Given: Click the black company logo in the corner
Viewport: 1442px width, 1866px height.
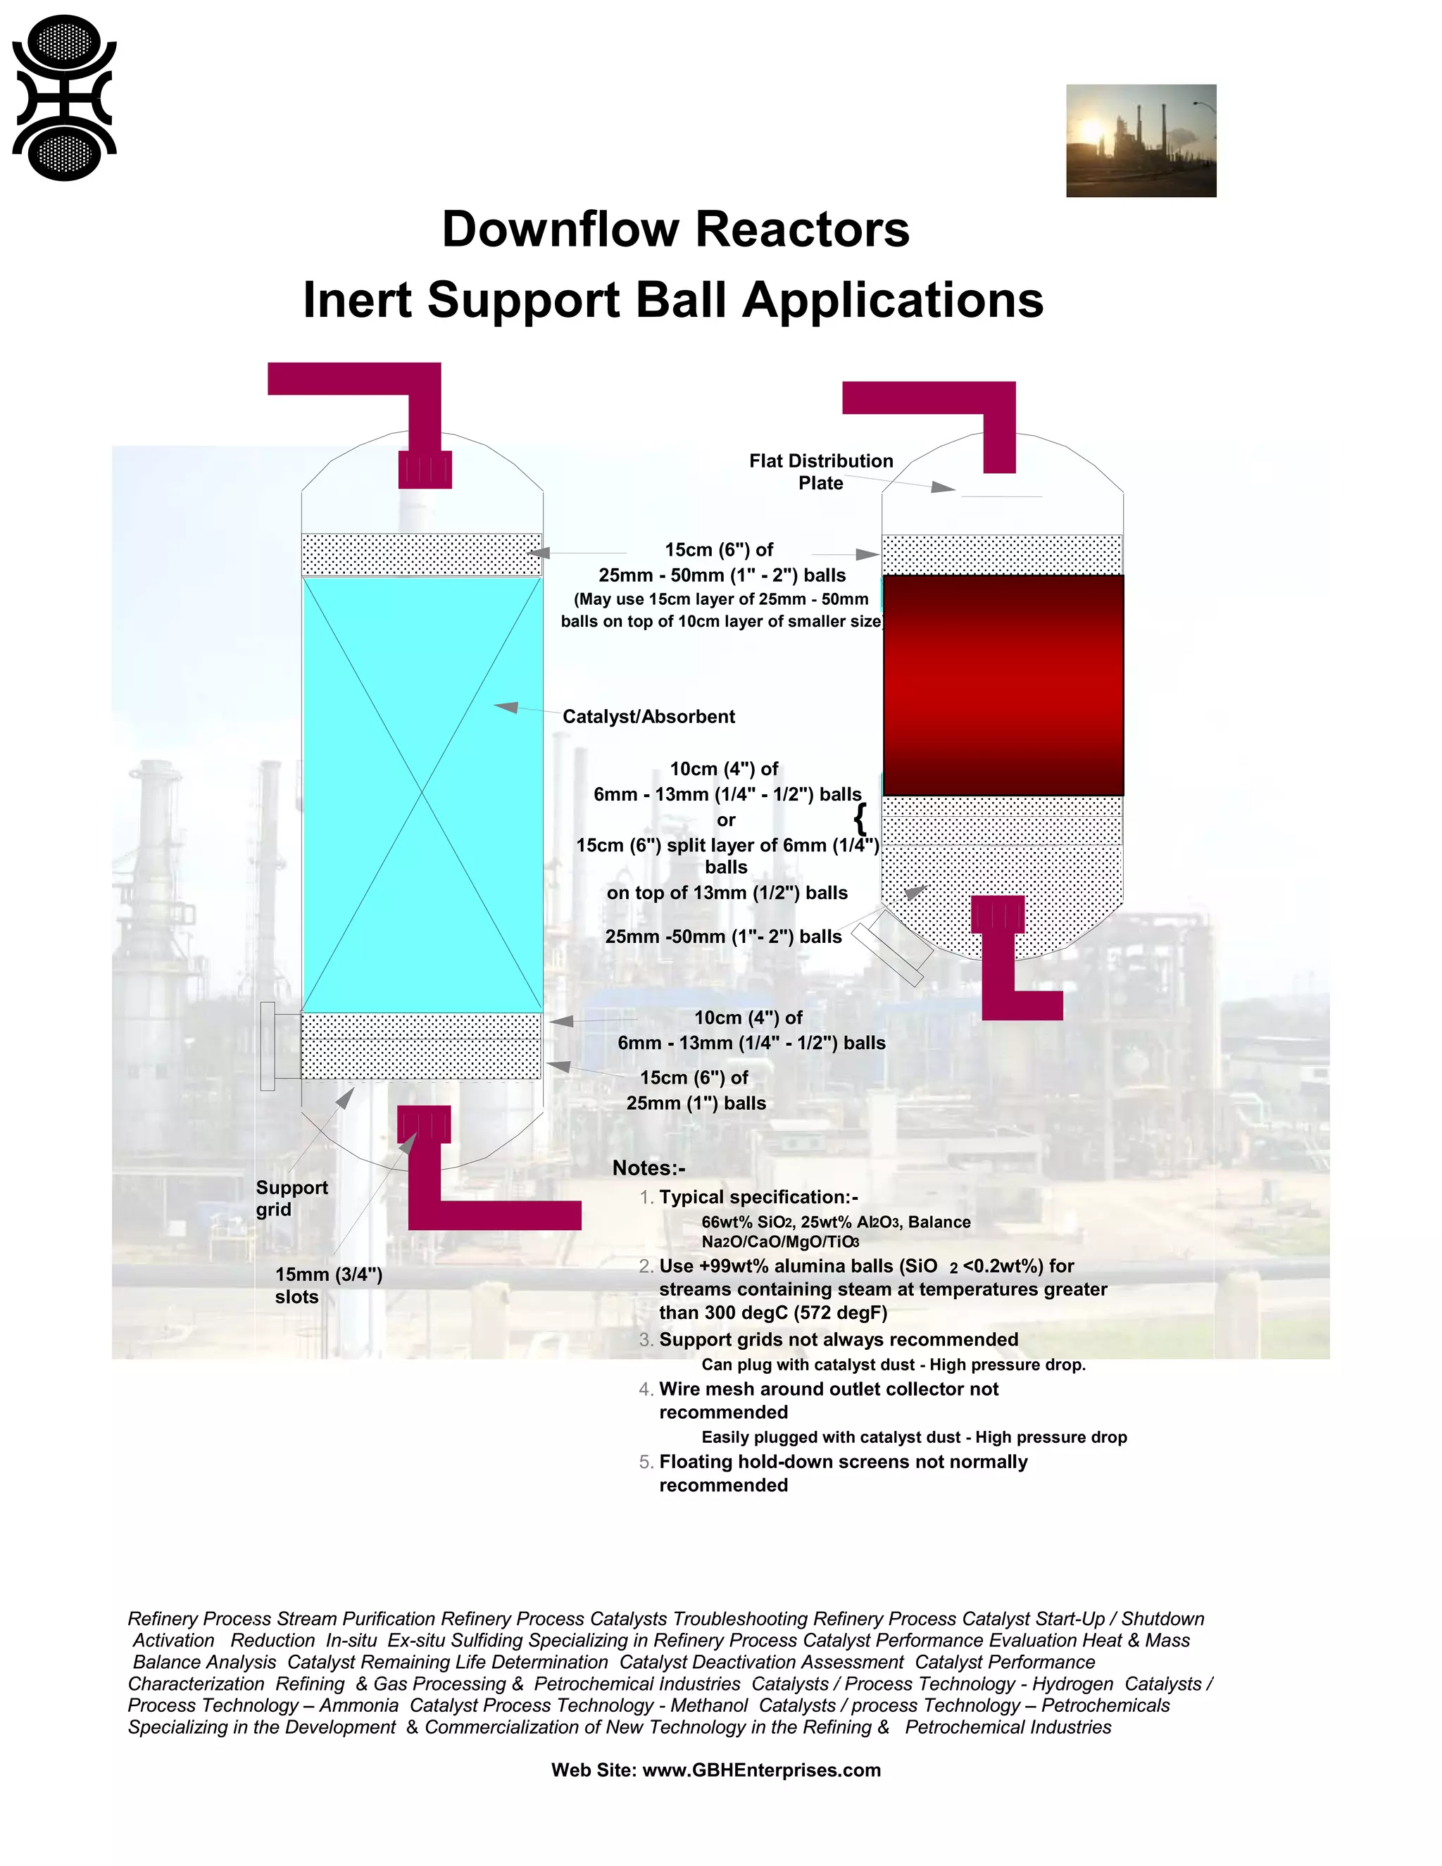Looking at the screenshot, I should [64, 99].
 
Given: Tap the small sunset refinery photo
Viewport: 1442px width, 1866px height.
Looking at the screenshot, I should [1141, 141].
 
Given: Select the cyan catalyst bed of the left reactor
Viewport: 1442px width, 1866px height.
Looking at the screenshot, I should [422, 794].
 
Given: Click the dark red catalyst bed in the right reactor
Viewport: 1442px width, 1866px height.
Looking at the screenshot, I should [1003, 685].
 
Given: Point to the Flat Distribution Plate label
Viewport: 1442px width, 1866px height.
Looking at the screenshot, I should [820, 472].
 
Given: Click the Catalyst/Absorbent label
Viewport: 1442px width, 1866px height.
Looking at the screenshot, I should [648, 717].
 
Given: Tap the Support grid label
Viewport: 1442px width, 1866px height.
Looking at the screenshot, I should [291, 1198].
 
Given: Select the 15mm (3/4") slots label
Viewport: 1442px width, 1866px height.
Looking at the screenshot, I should [328, 1285].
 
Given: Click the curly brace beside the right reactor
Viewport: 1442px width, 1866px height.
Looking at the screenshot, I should [860, 818].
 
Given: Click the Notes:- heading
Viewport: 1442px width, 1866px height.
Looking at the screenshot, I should [648, 1168].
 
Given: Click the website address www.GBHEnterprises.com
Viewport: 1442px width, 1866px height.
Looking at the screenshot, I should [761, 1770].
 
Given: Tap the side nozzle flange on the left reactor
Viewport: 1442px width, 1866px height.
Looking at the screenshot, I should [268, 1046].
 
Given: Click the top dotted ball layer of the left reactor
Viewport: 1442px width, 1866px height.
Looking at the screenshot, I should [422, 554].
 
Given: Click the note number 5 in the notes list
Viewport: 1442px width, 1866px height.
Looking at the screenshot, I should [645, 1462].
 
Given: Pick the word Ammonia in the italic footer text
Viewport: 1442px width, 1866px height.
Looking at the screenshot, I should [359, 1705].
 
